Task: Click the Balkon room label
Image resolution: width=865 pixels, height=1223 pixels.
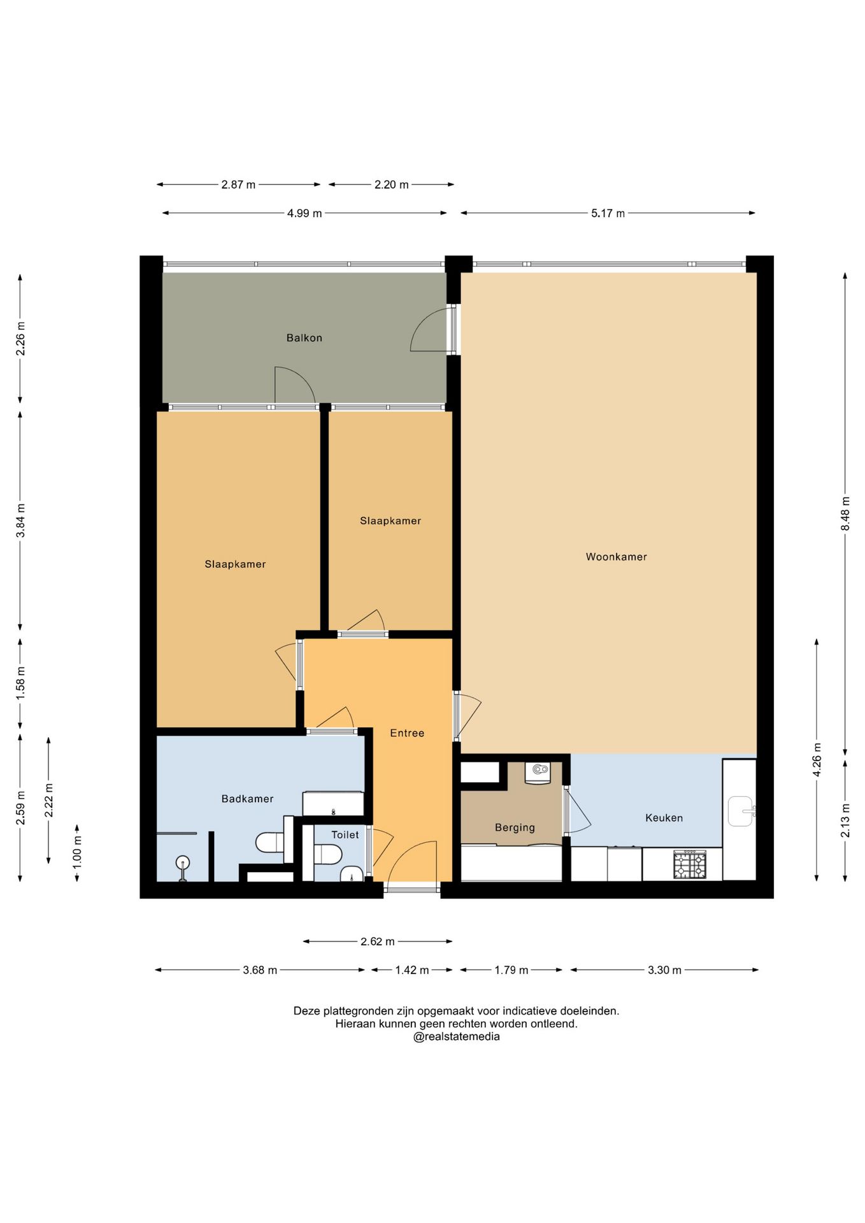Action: coord(304,338)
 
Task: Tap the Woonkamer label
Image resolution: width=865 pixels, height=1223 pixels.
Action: coord(616,557)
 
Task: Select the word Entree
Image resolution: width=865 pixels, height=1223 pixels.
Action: coord(407,733)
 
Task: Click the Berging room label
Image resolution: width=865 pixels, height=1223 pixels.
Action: coord(515,827)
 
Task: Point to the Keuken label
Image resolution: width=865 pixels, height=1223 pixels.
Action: coord(664,818)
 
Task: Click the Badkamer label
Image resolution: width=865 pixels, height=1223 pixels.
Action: coord(247,799)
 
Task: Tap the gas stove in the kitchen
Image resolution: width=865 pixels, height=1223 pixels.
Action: coord(690,864)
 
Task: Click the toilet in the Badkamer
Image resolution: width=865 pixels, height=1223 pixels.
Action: coord(270,843)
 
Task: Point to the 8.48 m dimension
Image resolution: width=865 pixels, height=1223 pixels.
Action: coord(845,513)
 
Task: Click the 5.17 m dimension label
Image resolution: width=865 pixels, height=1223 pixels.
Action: coord(608,213)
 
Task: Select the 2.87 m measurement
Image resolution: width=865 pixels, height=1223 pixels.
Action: coord(238,185)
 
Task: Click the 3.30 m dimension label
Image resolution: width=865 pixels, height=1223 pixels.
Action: coord(664,970)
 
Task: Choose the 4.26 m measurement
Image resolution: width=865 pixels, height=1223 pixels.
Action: coord(817,759)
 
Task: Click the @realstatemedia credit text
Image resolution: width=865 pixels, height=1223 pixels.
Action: coord(457,1036)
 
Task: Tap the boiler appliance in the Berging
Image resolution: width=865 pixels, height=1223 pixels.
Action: coord(538,773)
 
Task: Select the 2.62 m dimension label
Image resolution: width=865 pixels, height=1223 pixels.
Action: coord(378,941)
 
